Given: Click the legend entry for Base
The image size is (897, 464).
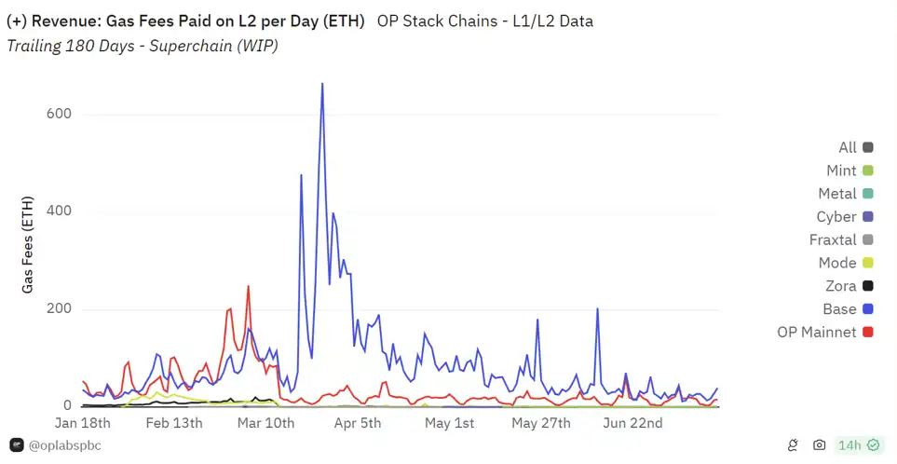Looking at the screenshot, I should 847,309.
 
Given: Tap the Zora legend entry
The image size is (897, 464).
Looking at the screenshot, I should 848,286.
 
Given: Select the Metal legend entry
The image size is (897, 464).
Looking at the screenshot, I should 845,194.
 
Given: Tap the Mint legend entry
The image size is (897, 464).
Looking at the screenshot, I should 849,171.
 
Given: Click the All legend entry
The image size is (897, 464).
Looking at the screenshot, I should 855,147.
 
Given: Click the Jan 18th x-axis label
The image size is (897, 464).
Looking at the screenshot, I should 83,423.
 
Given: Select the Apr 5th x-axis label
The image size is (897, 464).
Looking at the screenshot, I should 358,423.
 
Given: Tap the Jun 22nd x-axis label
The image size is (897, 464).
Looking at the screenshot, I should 633,423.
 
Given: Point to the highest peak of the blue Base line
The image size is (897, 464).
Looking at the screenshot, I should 322,84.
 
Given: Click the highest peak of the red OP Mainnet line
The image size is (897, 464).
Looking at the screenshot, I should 248,287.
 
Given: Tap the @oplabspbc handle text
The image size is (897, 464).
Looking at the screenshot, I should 64,445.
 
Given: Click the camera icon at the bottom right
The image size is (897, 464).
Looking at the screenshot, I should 819,445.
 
